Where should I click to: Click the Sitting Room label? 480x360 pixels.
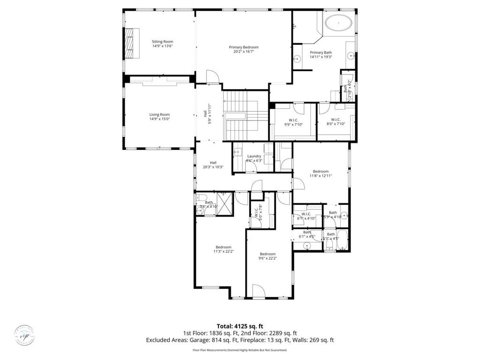coord(162,42)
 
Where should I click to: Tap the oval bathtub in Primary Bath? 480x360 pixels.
coord(338,23)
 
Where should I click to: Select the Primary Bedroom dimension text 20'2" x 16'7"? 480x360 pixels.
coord(243,52)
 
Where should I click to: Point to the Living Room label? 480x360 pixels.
coord(159,114)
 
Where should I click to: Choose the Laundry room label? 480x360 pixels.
coord(254,156)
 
